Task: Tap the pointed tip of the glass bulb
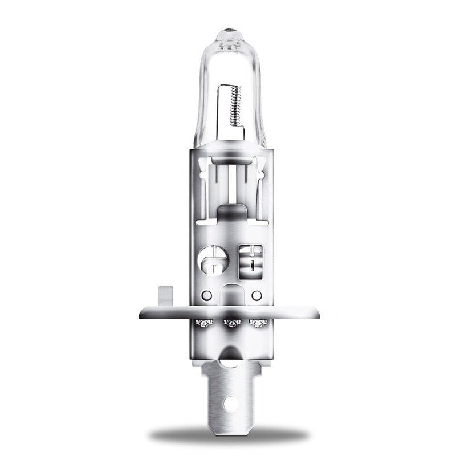228,27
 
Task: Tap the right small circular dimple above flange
256,295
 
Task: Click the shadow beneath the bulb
228,436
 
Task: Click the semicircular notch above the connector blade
230,356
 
